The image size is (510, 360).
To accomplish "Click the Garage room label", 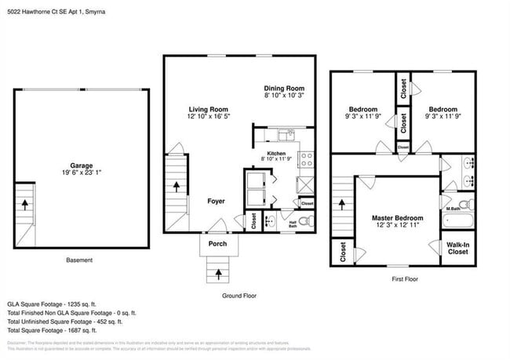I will click(x=81, y=165).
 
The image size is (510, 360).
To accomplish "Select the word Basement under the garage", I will click(x=78, y=260).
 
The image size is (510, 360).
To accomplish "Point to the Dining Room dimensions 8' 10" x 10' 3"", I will click(x=283, y=96).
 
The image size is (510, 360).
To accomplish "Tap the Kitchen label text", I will click(x=276, y=153).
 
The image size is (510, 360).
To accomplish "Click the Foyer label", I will click(x=217, y=202).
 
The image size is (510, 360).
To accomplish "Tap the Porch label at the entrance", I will click(x=217, y=243).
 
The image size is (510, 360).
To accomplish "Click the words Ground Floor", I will click(x=240, y=296).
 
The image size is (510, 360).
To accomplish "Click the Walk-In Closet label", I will click(x=457, y=248).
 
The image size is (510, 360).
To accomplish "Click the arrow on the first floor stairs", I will click(x=343, y=204).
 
